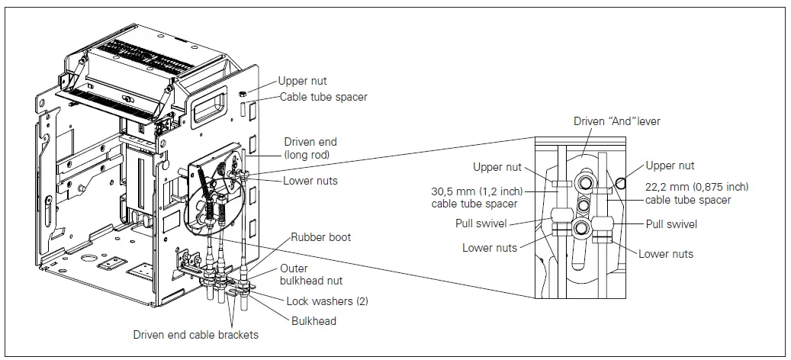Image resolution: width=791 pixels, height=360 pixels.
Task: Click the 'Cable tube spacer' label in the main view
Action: (x=323, y=97)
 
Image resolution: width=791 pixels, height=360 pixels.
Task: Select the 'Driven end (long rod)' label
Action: (x=310, y=148)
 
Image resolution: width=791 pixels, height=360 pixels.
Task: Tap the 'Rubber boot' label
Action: (x=320, y=237)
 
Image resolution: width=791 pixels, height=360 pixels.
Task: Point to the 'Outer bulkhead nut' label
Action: (x=304, y=275)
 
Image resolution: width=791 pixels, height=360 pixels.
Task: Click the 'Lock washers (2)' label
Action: (x=327, y=301)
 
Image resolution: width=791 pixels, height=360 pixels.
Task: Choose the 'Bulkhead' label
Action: (x=314, y=321)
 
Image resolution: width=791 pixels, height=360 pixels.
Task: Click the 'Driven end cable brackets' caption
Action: (x=195, y=335)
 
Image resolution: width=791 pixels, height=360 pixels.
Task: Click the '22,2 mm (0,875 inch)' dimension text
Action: (x=697, y=187)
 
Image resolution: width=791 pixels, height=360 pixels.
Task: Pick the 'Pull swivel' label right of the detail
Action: (x=671, y=224)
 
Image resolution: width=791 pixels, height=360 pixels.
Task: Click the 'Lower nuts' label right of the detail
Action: (x=666, y=254)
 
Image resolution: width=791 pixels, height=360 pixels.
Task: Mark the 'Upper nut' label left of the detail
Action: (x=498, y=167)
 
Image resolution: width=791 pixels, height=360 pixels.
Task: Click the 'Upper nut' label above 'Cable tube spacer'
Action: (x=303, y=80)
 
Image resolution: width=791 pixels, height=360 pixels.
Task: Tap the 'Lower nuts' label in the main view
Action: (x=310, y=181)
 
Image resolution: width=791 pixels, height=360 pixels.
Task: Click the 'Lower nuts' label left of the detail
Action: (x=490, y=248)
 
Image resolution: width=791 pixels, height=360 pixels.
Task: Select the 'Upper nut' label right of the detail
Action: (x=670, y=166)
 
